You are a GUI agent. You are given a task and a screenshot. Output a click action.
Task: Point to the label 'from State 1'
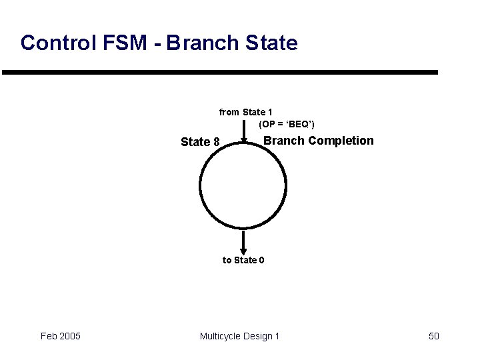[x=245, y=112]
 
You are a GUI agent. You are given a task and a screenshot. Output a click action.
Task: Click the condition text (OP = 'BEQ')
[x=287, y=125]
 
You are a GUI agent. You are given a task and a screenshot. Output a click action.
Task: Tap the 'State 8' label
[x=200, y=141]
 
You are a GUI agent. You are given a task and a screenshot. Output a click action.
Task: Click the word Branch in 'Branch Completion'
[x=284, y=141]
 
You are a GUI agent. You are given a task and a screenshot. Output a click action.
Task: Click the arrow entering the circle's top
[x=243, y=130]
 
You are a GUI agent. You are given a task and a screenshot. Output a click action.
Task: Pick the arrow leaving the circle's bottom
[x=243, y=241]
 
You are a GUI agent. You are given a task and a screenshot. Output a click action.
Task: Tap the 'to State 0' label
[x=243, y=260]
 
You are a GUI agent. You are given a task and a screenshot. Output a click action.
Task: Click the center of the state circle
[x=243, y=185]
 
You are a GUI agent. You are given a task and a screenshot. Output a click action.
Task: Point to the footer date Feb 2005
[x=61, y=336]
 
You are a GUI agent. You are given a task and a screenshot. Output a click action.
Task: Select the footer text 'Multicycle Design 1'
[x=239, y=336]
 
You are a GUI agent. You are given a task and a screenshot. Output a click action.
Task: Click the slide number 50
[x=433, y=336]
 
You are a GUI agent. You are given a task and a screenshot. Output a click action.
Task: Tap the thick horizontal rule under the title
[x=220, y=72]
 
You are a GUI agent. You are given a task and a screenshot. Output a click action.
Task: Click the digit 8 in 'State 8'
[x=216, y=141]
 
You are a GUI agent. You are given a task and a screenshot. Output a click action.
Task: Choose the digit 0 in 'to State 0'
[x=261, y=260]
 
